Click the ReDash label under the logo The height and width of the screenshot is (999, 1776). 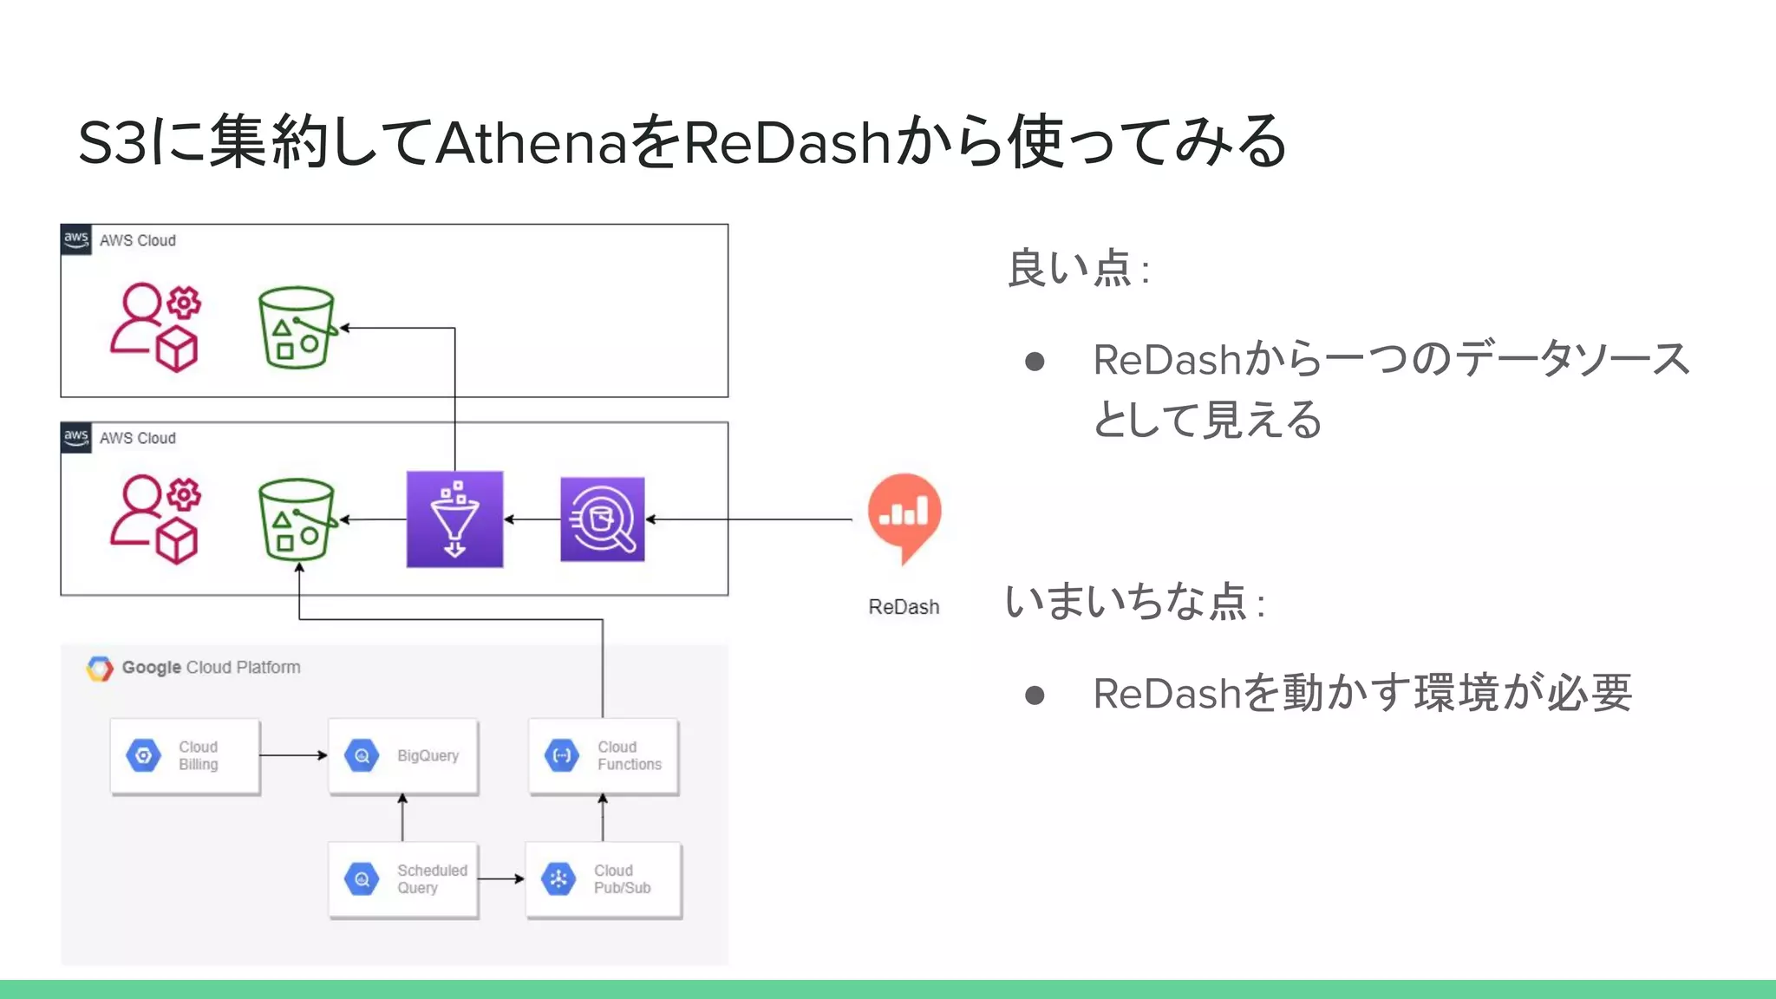tap(904, 607)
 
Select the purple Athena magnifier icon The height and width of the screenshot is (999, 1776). tap(602, 519)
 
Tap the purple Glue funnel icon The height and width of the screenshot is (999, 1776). tap(454, 519)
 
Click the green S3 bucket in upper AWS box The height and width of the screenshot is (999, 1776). tap(297, 328)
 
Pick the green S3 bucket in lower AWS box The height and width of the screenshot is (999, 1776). tap(297, 519)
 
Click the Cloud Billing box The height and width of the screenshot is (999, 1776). tap(185, 756)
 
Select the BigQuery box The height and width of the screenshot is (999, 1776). tap(403, 756)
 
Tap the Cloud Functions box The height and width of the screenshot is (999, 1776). tap(604, 756)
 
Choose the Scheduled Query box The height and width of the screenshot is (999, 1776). tap(403, 879)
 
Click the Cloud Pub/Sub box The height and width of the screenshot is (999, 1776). tap(604, 879)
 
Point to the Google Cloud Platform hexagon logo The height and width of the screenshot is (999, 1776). tap(100, 669)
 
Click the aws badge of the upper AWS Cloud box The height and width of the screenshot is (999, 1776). tap(76, 239)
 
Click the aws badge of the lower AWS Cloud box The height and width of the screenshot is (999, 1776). tap(76, 437)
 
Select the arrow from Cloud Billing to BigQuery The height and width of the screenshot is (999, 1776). tap(293, 755)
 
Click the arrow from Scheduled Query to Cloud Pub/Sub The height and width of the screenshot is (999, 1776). tap(501, 879)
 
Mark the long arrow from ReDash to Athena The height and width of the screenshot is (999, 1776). tap(750, 519)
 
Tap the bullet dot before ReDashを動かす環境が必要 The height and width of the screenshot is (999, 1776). tap(1034, 695)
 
